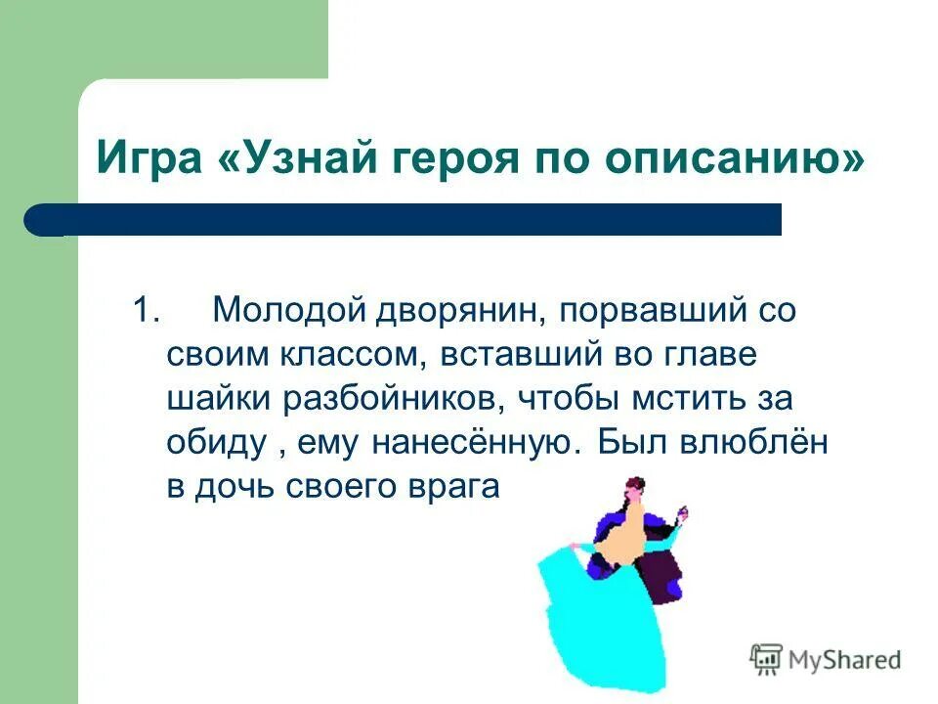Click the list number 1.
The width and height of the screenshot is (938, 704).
pos(146,311)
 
